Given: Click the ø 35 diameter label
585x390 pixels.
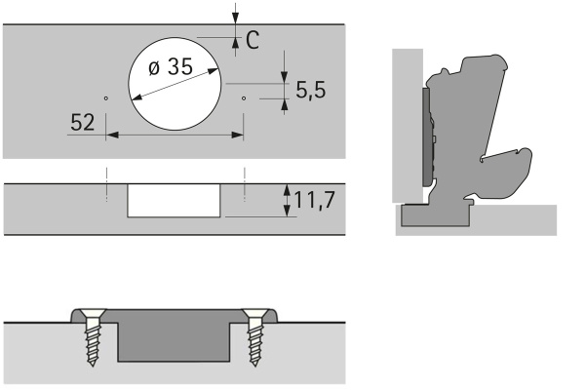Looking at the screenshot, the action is (171, 67).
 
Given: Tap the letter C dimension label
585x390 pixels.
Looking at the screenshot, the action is (253, 40).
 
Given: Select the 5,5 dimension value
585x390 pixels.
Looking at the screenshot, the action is (310, 91).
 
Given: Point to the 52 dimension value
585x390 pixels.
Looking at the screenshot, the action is (83, 122).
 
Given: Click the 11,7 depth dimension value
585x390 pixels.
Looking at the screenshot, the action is (315, 200).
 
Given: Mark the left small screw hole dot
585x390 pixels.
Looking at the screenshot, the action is (106, 98).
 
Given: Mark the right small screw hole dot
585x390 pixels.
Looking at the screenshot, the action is (244, 98).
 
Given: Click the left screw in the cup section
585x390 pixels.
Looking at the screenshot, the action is (93, 335).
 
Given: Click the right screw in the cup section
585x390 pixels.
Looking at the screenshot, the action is (254, 335).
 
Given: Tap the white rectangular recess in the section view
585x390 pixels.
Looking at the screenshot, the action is (174, 201).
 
